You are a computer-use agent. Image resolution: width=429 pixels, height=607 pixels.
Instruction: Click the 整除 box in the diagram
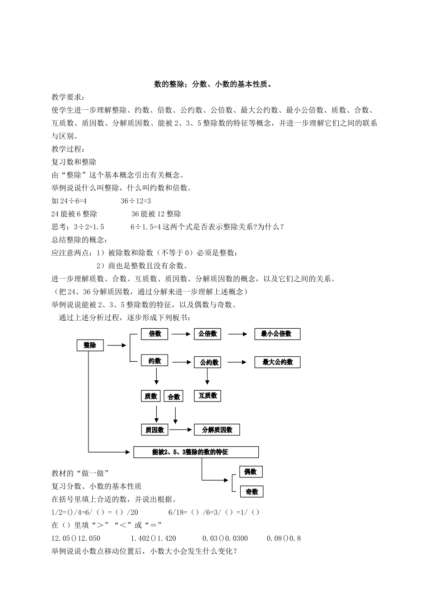pyautogui.click(x=90, y=346)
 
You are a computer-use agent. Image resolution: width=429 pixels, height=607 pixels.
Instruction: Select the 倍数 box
pyautogui.click(x=154, y=334)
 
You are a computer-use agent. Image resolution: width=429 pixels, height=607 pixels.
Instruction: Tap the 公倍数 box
pyautogui.click(x=208, y=334)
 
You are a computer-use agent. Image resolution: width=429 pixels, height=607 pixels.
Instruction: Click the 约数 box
pyautogui.click(x=154, y=360)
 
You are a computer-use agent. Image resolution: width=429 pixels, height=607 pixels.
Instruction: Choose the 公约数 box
pyautogui.click(x=209, y=362)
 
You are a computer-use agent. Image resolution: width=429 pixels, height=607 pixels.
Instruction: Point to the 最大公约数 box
pyautogui.click(x=277, y=362)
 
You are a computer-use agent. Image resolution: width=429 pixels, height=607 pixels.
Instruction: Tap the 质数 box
pyautogui.click(x=151, y=396)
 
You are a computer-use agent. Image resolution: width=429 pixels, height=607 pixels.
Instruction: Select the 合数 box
pyautogui.click(x=174, y=397)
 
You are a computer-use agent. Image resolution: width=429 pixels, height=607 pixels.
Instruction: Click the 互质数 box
pyautogui.click(x=208, y=396)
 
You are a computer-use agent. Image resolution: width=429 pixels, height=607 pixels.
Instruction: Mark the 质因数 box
pyautogui.click(x=154, y=430)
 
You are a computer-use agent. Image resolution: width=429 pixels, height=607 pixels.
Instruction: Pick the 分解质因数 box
pyautogui.click(x=217, y=430)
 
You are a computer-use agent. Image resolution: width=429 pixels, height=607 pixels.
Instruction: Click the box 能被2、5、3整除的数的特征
pyautogui.click(x=196, y=452)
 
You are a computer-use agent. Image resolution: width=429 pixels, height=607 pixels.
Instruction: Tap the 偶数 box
pyautogui.click(x=251, y=472)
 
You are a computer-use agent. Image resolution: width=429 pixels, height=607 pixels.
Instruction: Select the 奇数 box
pyautogui.click(x=252, y=492)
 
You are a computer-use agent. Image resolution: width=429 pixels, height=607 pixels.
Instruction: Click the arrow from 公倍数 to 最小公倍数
pyautogui.click(x=238, y=334)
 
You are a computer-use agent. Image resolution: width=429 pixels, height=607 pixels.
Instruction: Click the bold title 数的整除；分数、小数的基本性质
pyautogui.click(x=214, y=84)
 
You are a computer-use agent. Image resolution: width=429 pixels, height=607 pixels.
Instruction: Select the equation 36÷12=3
pyautogui.click(x=135, y=201)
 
